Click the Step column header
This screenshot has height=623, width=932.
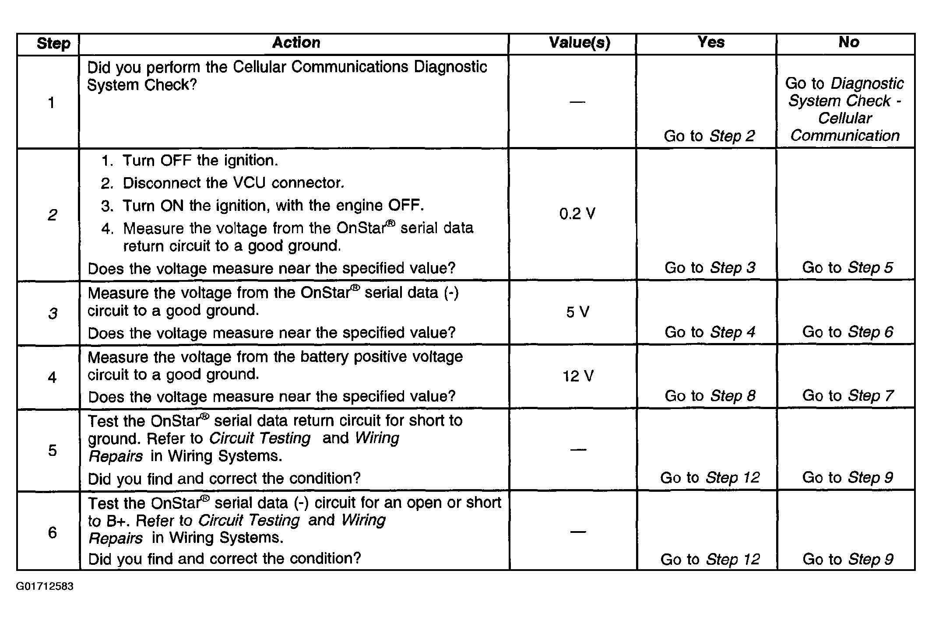(53, 44)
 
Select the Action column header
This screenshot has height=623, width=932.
(296, 42)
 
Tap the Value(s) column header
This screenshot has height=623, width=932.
(579, 43)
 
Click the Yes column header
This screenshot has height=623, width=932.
(710, 42)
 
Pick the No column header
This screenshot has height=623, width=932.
(849, 42)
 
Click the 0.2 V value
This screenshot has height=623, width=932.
(577, 214)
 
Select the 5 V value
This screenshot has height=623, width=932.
(577, 312)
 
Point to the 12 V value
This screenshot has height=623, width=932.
(578, 376)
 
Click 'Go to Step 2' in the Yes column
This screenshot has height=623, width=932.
(709, 136)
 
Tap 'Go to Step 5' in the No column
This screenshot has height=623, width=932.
(847, 267)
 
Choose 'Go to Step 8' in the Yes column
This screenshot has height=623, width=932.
(710, 396)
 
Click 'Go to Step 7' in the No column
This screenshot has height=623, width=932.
(848, 396)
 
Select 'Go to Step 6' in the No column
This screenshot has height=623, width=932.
(848, 332)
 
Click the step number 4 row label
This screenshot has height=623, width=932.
(52, 377)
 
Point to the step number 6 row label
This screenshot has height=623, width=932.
(52, 532)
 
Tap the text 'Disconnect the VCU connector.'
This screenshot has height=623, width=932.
(233, 183)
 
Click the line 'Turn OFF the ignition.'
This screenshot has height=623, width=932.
(200, 161)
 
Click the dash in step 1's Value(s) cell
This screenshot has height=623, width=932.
(577, 102)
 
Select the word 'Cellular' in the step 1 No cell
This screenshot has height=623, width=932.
(845, 118)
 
